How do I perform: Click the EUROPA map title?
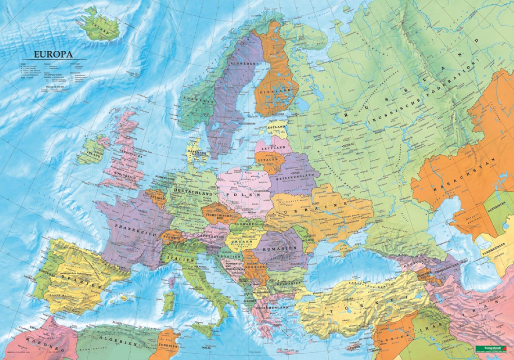click(x=54, y=54)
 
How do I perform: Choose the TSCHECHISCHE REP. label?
click(x=216, y=216)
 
